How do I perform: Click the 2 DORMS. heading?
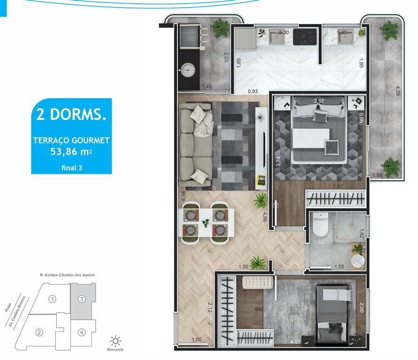point(71,114)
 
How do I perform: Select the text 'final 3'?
point(71,168)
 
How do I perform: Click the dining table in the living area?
point(206,223)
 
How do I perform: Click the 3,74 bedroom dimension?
point(278,162)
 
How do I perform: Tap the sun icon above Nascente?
point(115,340)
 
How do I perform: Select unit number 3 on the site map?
point(81,299)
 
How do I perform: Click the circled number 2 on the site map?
point(40,333)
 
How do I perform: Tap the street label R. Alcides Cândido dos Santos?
point(68,275)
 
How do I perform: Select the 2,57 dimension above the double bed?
point(319,101)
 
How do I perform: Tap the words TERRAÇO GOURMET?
point(71,140)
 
